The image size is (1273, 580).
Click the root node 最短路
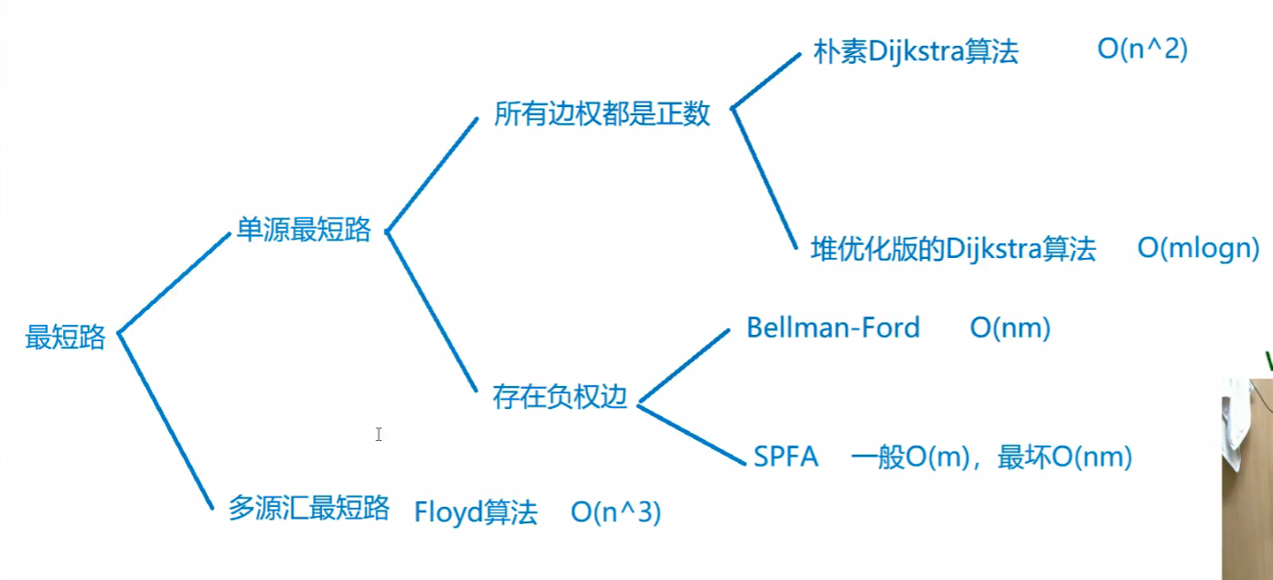pyautogui.click(x=65, y=338)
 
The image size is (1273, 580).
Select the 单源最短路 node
pyautogui.click(x=304, y=231)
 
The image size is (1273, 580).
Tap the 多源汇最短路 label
pyautogui.click(x=309, y=509)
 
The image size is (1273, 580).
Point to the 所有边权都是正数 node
pyautogui.click(x=602, y=114)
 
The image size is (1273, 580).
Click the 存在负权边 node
pyautogui.click(x=560, y=397)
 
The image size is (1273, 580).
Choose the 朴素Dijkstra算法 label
pyautogui.click(x=915, y=52)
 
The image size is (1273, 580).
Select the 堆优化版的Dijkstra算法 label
pyautogui.click(x=953, y=249)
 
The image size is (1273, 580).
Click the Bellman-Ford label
pyautogui.click(x=833, y=328)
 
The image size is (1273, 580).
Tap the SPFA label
pyautogui.click(x=786, y=456)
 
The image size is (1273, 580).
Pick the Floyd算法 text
pyautogui.click(x=476, y=511)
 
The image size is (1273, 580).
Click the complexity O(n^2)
pyautogui.click(x=1142, y=49)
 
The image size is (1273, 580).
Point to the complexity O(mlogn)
pyautogui.click(x=1198, y=248)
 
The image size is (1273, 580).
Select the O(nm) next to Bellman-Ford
pyautogui.click(x=1010, y=328)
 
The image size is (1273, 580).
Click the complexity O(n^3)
pyautogui.click(x=615, y=512)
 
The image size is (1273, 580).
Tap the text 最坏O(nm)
pyautogui.click(x=1064, y=456)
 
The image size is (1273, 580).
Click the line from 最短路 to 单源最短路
pyautogui.click(x=174, y=283)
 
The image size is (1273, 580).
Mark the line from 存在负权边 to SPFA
pyautogui.click(x=691, y=434)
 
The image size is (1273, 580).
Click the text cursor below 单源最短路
pyautogui.click(x=379, y=435)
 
